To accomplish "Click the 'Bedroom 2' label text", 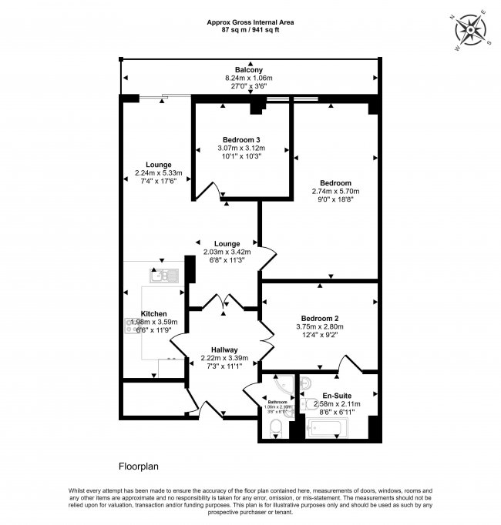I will tap(321, 318).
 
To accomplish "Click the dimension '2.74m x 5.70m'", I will tap(335, 192).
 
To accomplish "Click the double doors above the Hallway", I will tap(223, 302).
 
